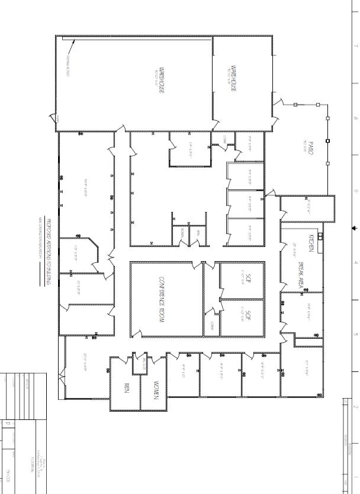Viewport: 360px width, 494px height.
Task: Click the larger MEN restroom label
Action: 126,389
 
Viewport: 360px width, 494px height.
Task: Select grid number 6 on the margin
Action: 354,118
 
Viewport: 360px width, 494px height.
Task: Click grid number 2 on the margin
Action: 354,408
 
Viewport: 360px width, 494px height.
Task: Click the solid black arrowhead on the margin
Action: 355,227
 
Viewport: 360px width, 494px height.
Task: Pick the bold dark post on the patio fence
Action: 327,141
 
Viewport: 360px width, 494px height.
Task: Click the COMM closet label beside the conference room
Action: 212,325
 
